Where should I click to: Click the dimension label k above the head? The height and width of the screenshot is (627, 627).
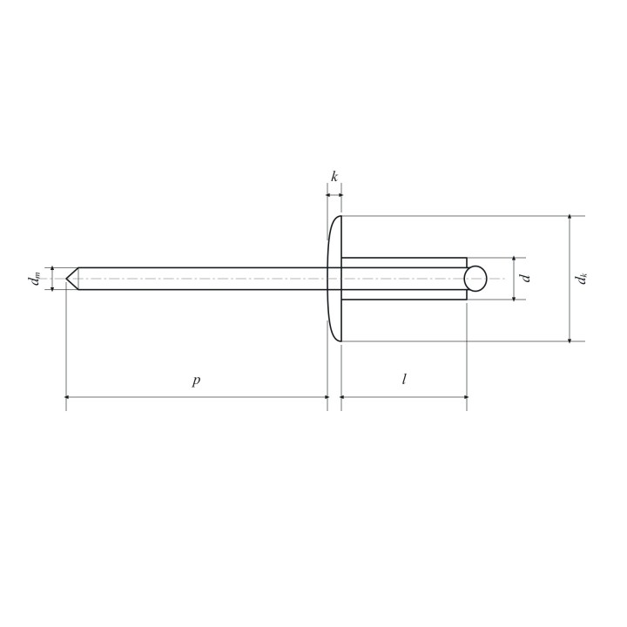pyautogui.click(x=334, y=176)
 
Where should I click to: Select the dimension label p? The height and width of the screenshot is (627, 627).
pyautogui.click(x=196, y=381)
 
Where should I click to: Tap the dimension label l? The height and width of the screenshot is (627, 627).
pyautogui.click(x=404, y=379)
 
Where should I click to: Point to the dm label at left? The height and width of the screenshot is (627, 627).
pyautogui.click(x=35, y=279)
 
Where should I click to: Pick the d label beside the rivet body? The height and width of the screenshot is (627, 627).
pyautogui.click(x=525, y=278)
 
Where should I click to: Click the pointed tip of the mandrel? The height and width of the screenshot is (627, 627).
pyautogui.click(x=66, y=279)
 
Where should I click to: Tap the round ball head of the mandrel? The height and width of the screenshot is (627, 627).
pyautogui.click(x=475, y=279)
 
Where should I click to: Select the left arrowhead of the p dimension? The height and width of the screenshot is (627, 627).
pyautogui.click(x=68, y=397)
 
